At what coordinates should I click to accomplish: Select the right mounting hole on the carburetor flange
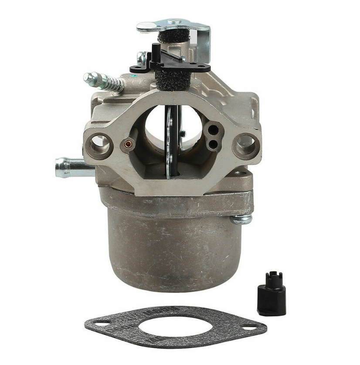tap(245, 145)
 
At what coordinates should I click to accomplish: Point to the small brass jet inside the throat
tap(127, 143)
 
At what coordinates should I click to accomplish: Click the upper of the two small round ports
tap(213, 130)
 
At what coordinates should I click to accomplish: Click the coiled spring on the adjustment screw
tap(112, 82)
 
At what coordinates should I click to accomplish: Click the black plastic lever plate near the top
tap(174, 63)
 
